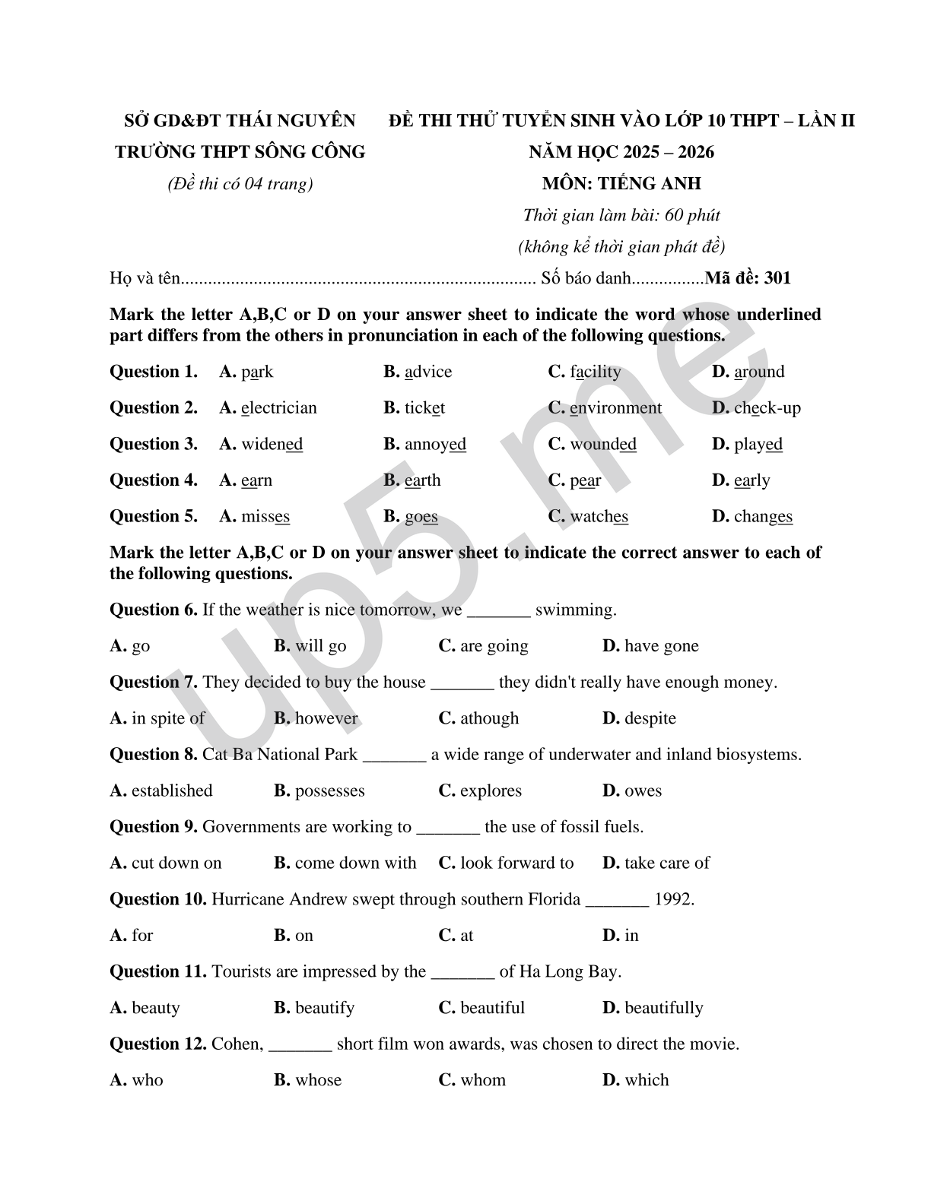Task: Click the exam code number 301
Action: point(777,278)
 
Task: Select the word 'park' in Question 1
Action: point(257,372)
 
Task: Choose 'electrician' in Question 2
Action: point(278,408)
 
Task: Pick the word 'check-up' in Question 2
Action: point(767,408)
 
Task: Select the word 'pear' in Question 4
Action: point(585,480)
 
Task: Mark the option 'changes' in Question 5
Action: point(763,517)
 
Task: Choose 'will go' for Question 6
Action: point(320,646)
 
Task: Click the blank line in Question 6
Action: point(498,610)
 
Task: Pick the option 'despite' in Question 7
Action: point(650,718)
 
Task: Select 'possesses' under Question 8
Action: point(329,791)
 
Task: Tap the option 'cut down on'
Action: point(176,863)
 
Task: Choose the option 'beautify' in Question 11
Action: point(324,1008)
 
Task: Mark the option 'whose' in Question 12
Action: point(318,1080)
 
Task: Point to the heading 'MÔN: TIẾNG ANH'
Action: point(621,183)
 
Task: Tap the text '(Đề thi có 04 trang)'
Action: point(240,184)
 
